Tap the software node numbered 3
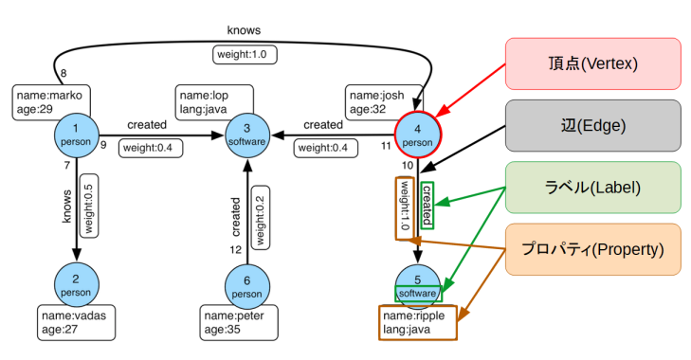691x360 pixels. [247, 135]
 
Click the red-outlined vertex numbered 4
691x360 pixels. [417, 135]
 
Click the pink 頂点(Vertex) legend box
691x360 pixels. [592, 63]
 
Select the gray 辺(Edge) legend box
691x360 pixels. [592, 125]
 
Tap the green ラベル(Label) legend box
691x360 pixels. [592, 188]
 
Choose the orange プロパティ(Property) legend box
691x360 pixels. [592, 249]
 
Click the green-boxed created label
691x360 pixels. [427, 205]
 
